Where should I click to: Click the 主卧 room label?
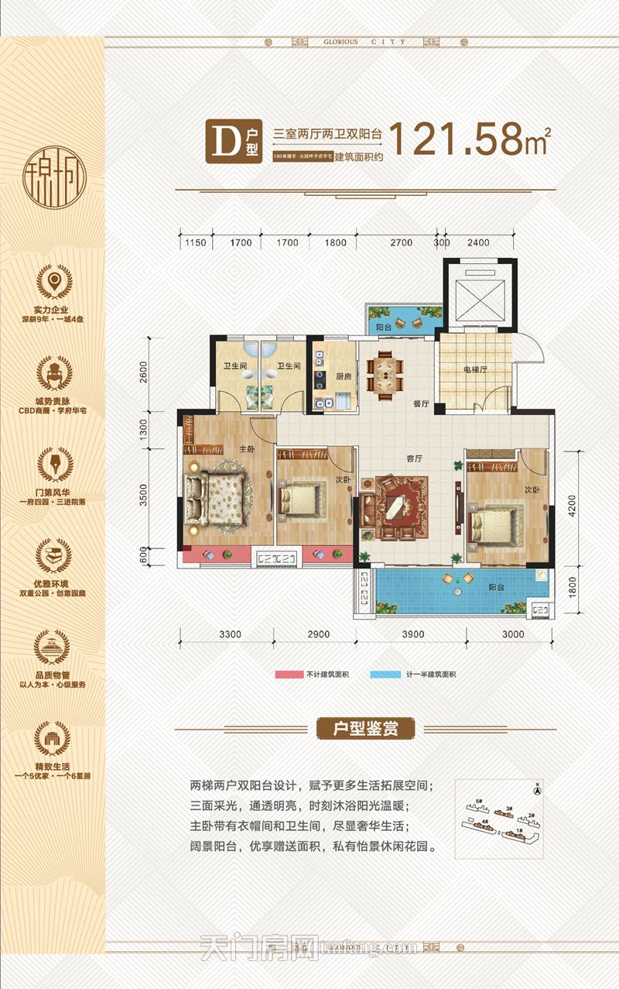click(247, 448)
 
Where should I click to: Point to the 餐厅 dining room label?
click(399, 403)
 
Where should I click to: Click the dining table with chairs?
click(385, 373)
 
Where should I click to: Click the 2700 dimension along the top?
click(401, 243)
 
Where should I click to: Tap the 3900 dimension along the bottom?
click(412, 634)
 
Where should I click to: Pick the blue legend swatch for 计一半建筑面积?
click(386, 675)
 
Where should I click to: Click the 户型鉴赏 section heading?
click(366, 729)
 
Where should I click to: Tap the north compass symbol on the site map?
click(535, 790)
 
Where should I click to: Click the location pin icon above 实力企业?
click(55, 281)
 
